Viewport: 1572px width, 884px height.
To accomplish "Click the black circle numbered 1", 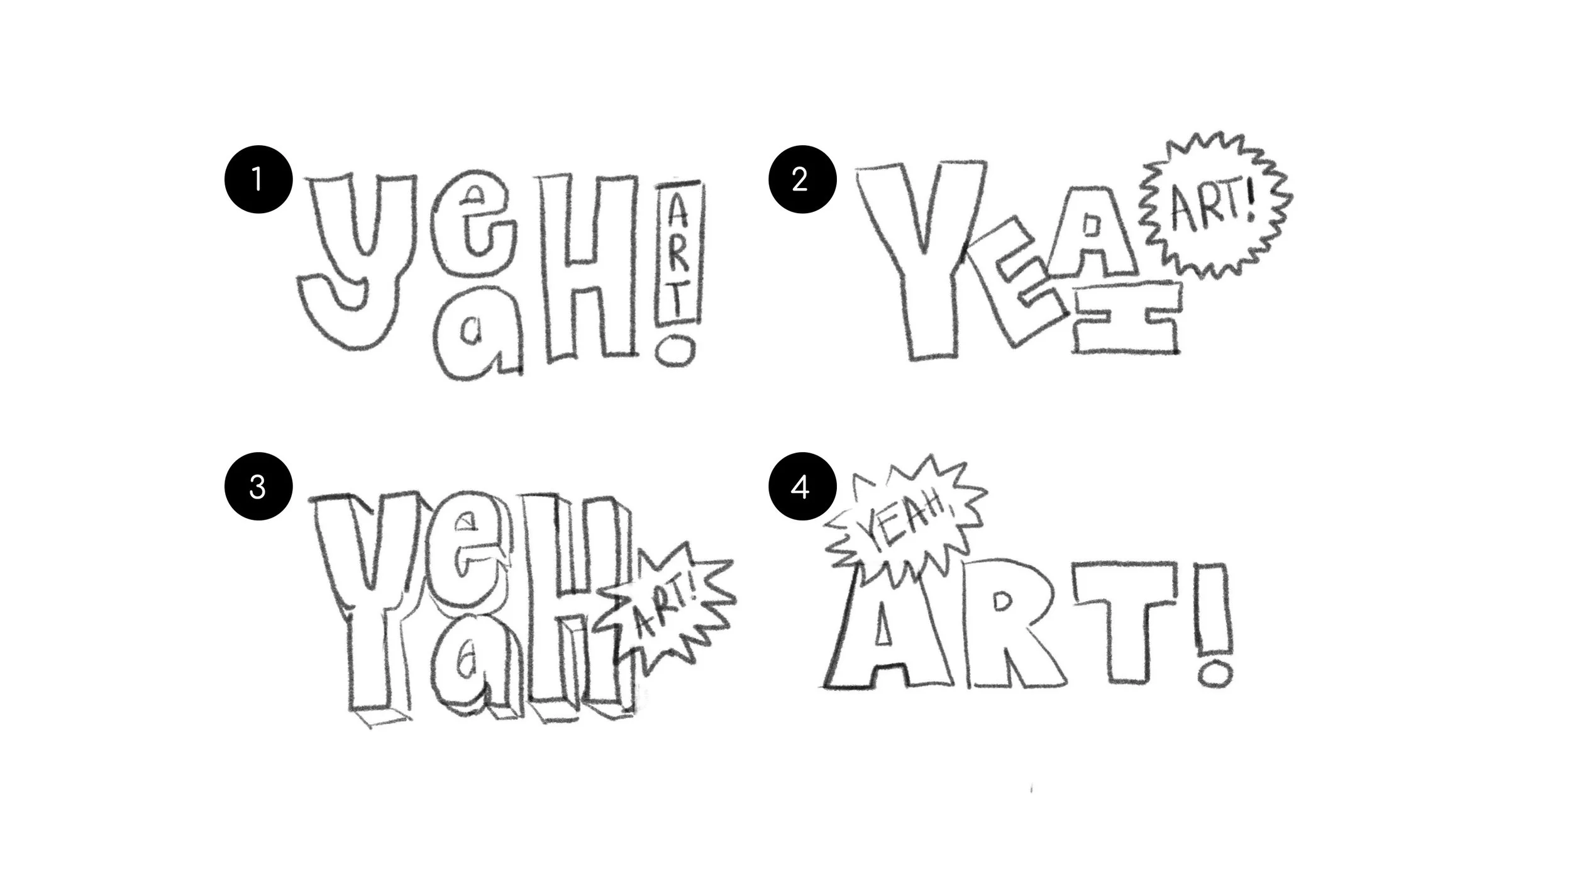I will click(x=258, y=180).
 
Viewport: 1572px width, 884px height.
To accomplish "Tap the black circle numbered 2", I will click(x=802, y=180).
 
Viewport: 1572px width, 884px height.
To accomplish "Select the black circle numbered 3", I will click(x=258, y=487).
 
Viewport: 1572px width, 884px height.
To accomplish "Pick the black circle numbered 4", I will click(x=802, y=487).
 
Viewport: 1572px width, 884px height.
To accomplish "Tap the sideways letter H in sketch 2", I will click(x=1126, y=321).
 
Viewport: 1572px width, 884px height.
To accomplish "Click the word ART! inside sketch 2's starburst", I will click(x=1210, y=207).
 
